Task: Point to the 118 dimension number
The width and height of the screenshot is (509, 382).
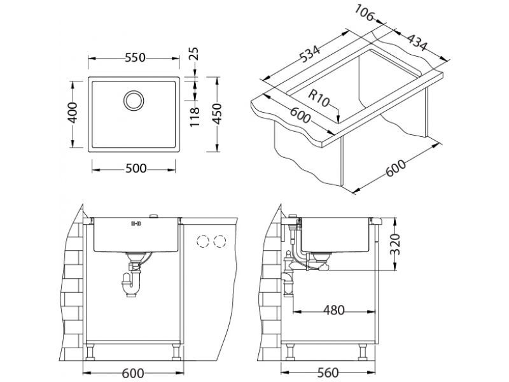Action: [197, 115]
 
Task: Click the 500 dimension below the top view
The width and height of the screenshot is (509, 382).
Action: [134, 169]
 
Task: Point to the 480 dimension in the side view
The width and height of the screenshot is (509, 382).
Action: [332, 311]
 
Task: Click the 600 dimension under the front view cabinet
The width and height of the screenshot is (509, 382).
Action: [133, 373]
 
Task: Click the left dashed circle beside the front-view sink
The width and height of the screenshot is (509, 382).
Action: [204, 241]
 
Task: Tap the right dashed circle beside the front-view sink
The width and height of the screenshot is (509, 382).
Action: [220, 241]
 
